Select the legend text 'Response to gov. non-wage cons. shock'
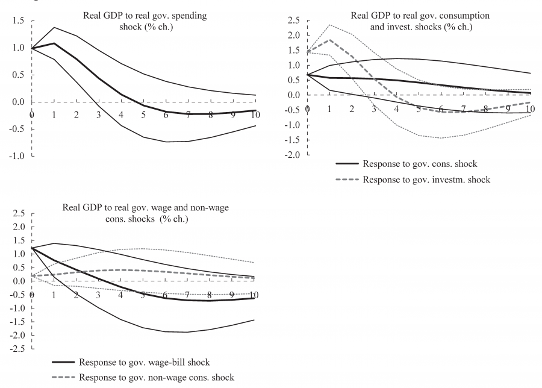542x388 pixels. (156, 378)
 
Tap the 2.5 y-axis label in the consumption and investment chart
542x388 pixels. (294, 21)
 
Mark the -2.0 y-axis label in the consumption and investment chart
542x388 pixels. (293, 155)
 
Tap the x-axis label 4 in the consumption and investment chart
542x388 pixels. (396, 109)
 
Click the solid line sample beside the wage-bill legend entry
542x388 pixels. (62, 362)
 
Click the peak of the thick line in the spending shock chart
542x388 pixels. (54, 43)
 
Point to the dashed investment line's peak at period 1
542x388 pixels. (329, 40)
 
